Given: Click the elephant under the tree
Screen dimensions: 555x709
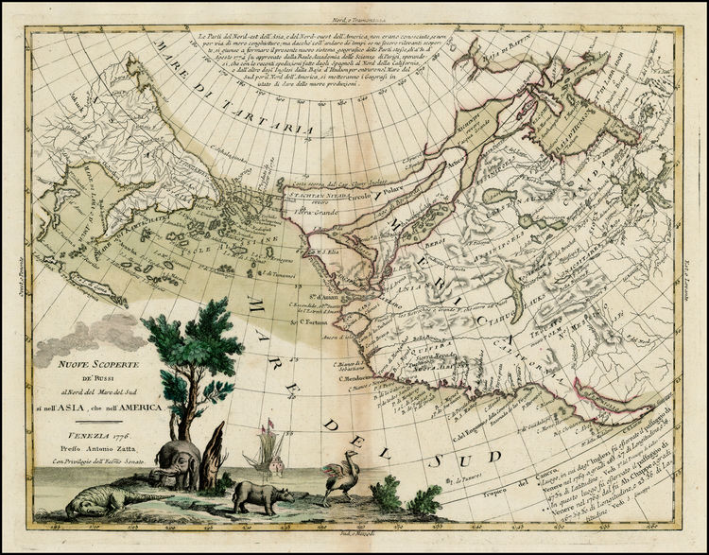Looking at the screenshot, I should [181, 460].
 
